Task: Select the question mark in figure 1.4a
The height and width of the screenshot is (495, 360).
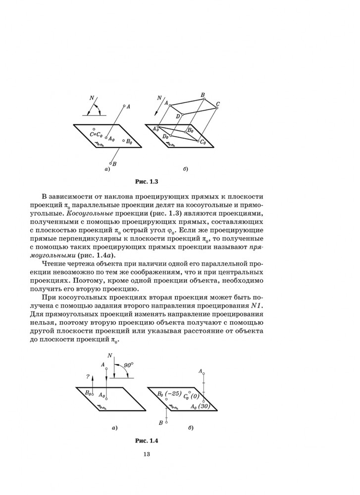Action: coord(87,377)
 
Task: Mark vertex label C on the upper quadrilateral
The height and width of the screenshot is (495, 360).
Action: coord(217,104)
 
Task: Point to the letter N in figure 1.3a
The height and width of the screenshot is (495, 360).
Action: coord(91,99)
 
